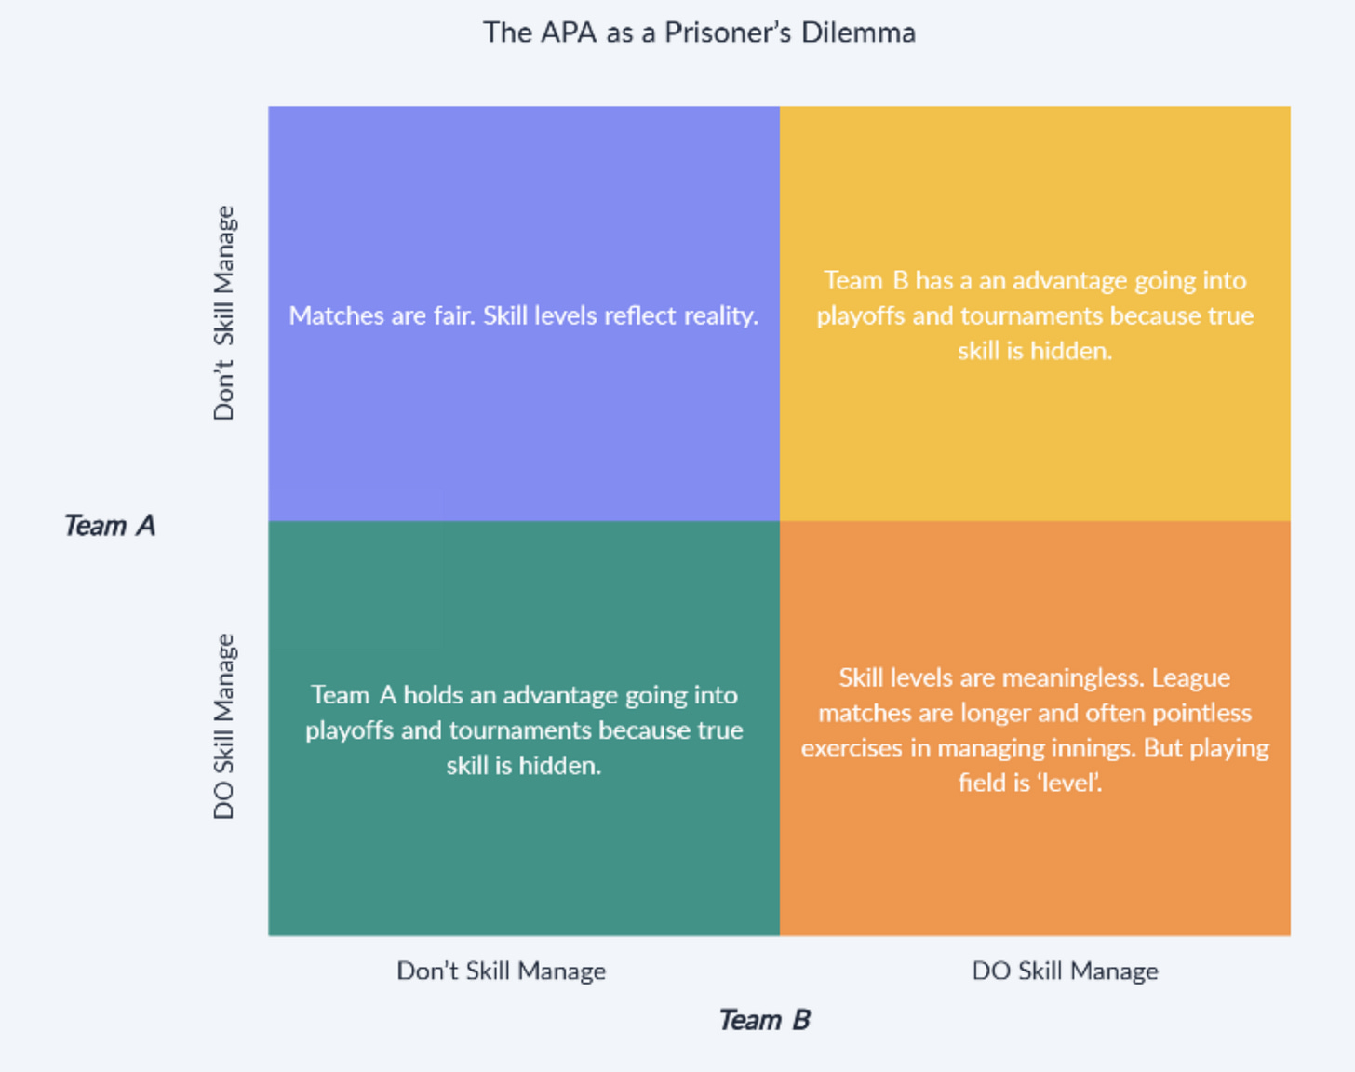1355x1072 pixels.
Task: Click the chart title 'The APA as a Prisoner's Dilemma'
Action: pyautogui.click(x=699, y=33)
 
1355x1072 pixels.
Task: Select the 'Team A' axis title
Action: pyautogui.click(x=110, y=526)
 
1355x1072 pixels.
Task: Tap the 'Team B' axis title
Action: pyautogui.click(x=764, y=1021)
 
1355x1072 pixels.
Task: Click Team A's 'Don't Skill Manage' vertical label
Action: pyautogui.click(x=224, y=314)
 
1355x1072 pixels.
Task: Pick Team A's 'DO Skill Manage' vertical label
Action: pyautogui.click(x=224, y=727)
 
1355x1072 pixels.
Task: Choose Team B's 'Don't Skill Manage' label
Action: pyautogui.click(x=501, y=971)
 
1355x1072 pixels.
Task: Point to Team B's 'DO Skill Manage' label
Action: pyautogui.click(x=1065, y=971)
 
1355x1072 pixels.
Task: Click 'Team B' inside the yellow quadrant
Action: pyautogui.click(x=865, y=281)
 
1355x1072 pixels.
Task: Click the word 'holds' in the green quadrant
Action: pyautogui.click(x=432, y=695)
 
